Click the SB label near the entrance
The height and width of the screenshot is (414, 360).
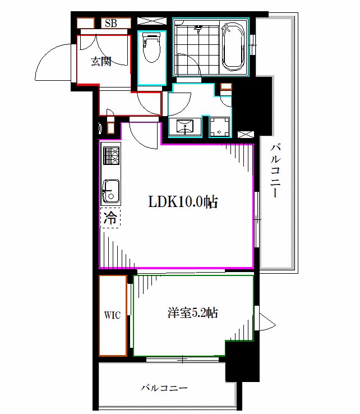click(110, 23)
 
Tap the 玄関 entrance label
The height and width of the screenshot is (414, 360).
click(101, 62)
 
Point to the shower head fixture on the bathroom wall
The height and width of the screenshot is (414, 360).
click(198, 27)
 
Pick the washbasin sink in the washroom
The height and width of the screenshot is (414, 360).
click(185, 127)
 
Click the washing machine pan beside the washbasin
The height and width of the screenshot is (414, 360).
click(220, 126)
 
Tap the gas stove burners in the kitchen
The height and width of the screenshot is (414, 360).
click(110, 155)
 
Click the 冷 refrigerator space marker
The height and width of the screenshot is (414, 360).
click(110, 218)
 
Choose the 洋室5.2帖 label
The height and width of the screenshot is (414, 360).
click(192, 313)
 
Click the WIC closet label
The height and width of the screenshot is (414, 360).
click(112, 315)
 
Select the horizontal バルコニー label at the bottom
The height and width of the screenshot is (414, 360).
click(164, 388)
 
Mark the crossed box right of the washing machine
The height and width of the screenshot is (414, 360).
click(246, 134)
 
